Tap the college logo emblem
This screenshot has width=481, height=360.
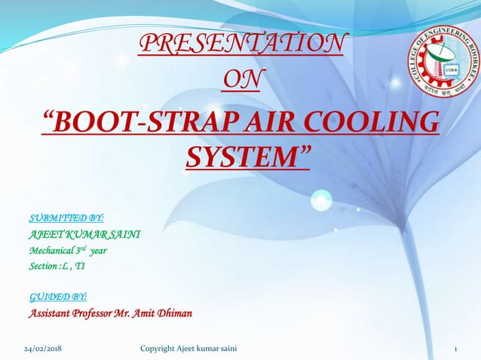click(x=444, y=62)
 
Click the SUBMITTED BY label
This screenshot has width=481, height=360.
click(x=60, y=219)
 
